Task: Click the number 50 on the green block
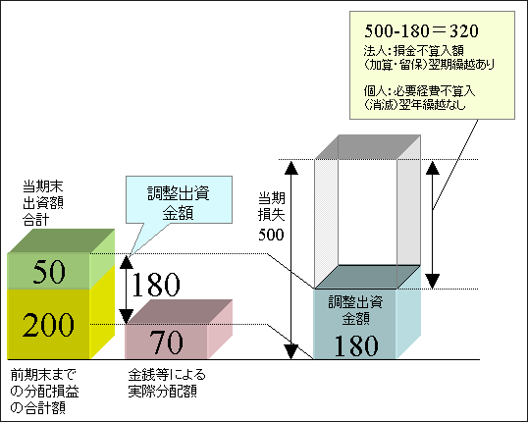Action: [49, 272]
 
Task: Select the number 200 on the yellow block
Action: [48, 325]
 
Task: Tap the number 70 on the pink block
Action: [166, 343]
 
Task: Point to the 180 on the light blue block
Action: [356, 345]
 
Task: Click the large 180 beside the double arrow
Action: [156, 285]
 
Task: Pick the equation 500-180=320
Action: [421, 31]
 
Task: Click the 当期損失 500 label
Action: [272, 216]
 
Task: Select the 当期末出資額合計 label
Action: [43, 203]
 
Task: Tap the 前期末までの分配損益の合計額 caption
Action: [44, 391]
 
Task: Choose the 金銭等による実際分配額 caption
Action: [167, 383]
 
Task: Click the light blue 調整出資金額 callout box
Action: [179, 199]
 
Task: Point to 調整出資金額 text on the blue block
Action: [355, 310]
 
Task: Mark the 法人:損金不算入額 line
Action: [414, 50]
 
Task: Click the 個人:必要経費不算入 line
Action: [419, 91]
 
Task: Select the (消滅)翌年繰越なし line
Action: [414, 105]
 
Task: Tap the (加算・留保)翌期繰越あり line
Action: [429, 65]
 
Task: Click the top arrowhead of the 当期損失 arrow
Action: [291, 168]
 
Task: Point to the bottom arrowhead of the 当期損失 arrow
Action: [291, 352]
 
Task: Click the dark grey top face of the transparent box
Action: [368, 147]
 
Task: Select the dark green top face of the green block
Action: [61, 240]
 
